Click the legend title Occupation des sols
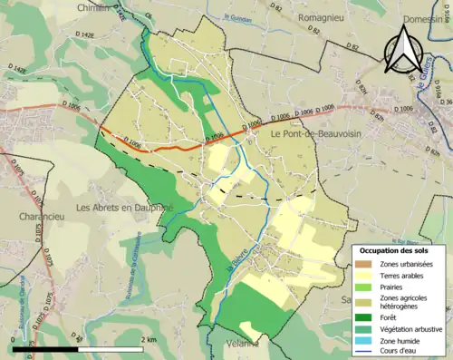[395, 249]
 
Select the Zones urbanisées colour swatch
[362, 264]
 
